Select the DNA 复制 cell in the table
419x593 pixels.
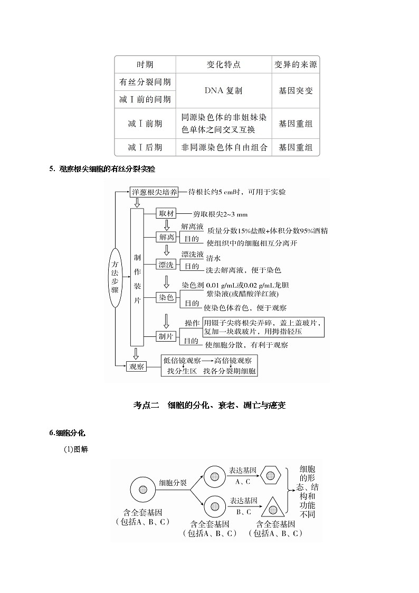click(x=223, y=90)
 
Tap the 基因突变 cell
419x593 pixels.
click(x=296, y=90)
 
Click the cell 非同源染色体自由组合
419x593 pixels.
click(x=224, y=147)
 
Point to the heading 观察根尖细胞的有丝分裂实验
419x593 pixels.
click(x=106, y=169)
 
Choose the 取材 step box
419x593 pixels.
click(x=167, y=214)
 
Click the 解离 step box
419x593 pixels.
click(x=167, y=237)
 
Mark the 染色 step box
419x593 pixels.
click(x=167, y=297)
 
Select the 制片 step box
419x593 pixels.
click(x=167, y=336)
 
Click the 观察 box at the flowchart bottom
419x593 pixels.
click(x=137, y=366)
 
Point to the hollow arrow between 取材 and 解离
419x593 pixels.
click(x=167, y=225)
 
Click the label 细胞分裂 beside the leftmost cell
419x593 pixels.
click(x=173, y=483)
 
